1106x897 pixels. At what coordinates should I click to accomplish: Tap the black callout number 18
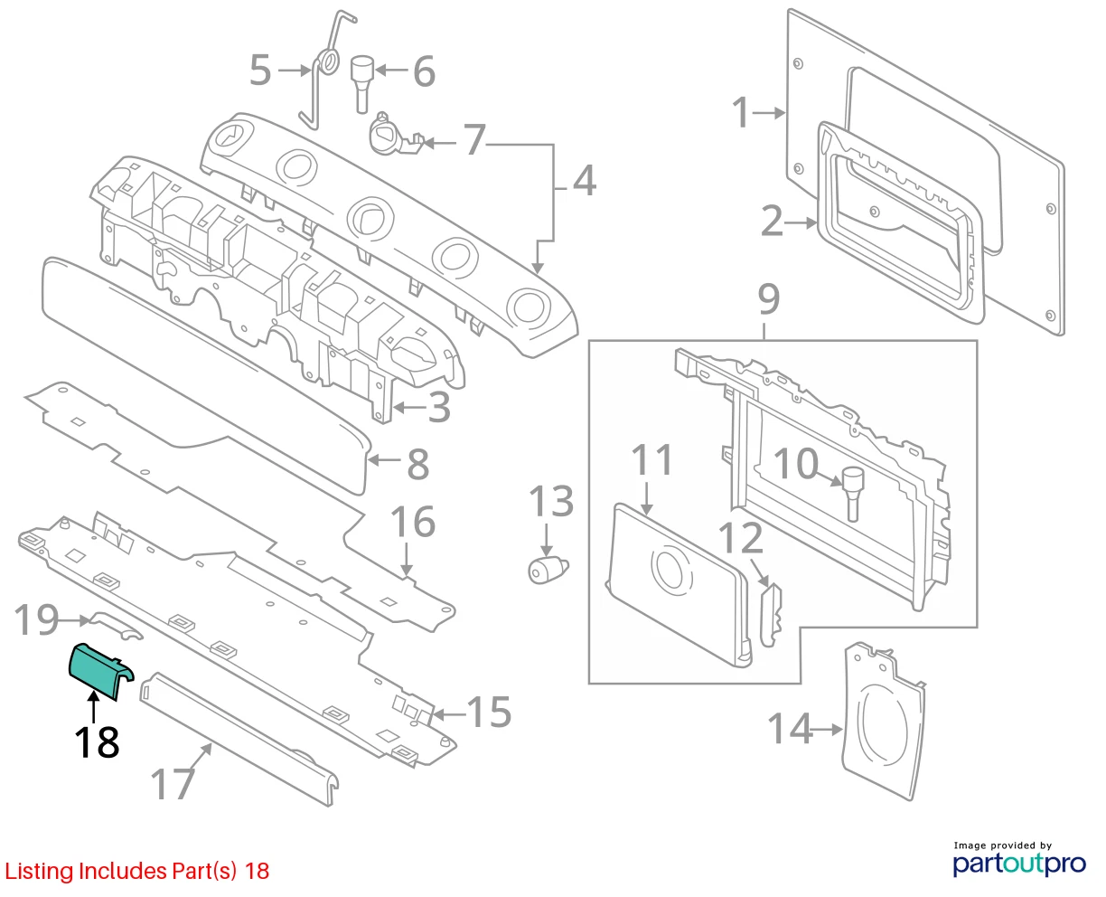(x=97, y=742)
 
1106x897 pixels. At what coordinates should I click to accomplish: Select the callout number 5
(x=260, y=71)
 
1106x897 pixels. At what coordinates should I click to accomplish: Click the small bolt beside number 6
(x=363, y=84)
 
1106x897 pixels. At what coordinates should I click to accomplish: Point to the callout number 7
(x=474, y=140)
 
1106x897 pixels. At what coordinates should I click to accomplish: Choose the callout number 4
(x=585, y=180)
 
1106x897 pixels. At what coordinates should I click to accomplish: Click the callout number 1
(x=741, y=112)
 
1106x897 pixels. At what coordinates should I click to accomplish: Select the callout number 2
(x=772, y=222)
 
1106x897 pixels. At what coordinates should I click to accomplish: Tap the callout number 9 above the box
(x=769, y=298)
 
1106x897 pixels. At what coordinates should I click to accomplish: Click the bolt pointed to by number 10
(x=853, y=493)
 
